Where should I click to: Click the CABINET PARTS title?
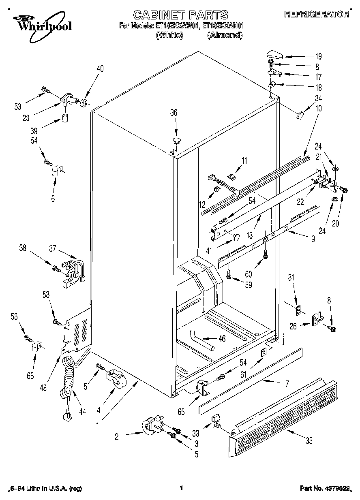click(x=180, y=15)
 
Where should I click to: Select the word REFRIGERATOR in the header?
click(x=317, y=14)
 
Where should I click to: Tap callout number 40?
click(x=100, y=68)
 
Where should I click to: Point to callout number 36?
click(x=174, y=113)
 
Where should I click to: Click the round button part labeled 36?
click(x=176, y=141)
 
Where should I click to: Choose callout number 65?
click(x=181, y=412)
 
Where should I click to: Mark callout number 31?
click(x=291, y=278)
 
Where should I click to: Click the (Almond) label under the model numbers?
click(x=225, y=35)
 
